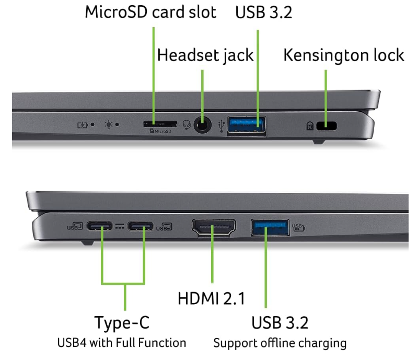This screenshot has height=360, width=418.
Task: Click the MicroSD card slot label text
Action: [x=150, y=12]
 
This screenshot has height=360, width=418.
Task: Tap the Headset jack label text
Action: [x=205, y=54]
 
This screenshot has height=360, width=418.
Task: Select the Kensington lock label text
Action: [x=343, y=55]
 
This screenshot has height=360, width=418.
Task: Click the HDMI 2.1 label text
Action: [x=211, y=298]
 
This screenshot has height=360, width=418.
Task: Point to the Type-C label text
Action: [x=122, y=322]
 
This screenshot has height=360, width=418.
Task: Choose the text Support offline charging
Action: [x=280, y=343]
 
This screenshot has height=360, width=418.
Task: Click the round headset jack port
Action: [x=202, y=125]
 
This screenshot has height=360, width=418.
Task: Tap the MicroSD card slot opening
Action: [x=160, y=124]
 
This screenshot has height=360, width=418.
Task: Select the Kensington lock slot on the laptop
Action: [x=328, y=125]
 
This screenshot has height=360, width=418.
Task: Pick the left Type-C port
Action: [x=100, y=226]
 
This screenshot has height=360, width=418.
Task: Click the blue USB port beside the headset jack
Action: [x=246, y=125]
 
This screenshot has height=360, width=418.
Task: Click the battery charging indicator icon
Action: [x=83, y=124]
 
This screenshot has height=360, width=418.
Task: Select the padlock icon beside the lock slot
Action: [x=310, y=125]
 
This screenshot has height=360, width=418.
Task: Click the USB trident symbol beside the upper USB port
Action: [x=223, y=125]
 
